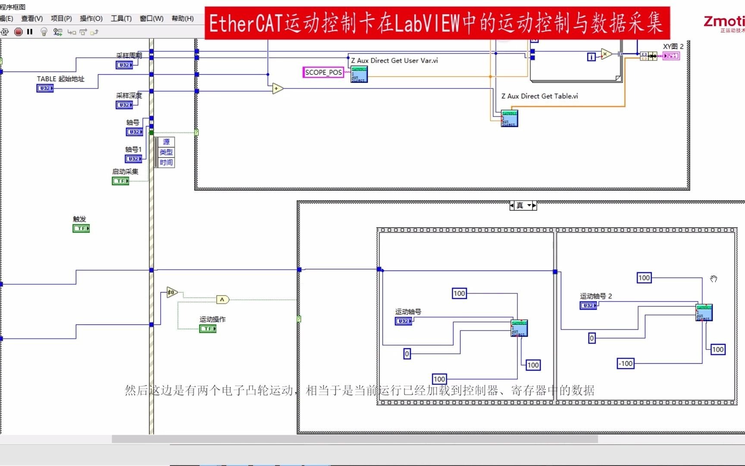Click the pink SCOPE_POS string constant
[323, 72]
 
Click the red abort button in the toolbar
[18, 31]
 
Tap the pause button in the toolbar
[30, 31]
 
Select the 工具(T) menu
[121, 19]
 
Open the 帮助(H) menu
[182, 19]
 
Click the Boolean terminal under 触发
[81, 228]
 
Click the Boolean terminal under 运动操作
[208, 329]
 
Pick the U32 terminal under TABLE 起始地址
[45, 88]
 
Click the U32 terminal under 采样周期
[124, 65]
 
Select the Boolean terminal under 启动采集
[120, 181]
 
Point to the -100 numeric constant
[626, 364]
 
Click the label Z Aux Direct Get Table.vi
[539, 96]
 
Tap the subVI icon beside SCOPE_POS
[359, 74]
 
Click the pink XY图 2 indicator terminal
[671, 56]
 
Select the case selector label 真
[520, 206]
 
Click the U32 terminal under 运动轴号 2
[588, 305]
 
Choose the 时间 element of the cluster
[166, 162]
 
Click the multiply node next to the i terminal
[606, 54]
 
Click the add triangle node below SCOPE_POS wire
[277, 88]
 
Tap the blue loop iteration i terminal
[592, 57]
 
